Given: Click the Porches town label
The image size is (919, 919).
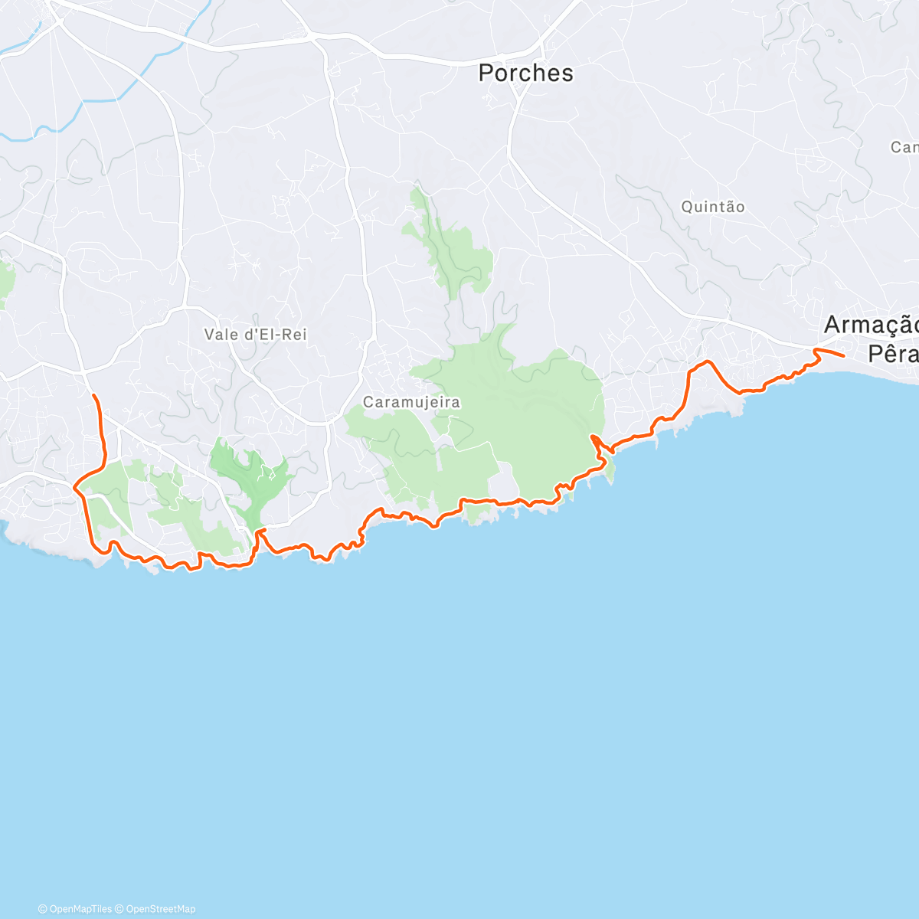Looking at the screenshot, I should click(525, 74).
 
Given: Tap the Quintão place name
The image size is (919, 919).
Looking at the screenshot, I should click(712, 207).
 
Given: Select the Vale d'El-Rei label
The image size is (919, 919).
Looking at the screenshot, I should click(255, 335).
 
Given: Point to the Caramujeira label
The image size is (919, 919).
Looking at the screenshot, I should click(411, 402).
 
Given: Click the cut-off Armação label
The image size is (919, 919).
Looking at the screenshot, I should click(871, 325).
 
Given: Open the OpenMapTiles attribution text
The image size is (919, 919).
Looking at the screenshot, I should click(80, 909).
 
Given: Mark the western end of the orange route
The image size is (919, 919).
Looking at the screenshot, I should click(93, 395).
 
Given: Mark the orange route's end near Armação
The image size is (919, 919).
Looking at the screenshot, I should click(843, 356).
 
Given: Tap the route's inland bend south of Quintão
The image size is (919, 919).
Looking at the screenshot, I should click(708, 361).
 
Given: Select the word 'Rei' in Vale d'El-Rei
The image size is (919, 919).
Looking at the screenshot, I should click(294, 335).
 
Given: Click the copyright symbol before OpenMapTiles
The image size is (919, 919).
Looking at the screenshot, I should click(43, 909).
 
